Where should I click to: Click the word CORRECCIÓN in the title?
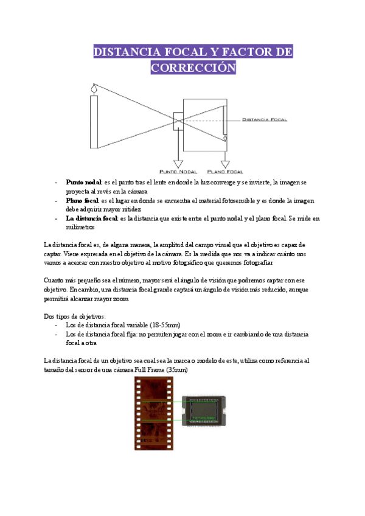point(193,67)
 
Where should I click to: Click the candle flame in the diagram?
point(94,90)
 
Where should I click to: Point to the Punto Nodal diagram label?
point(178,171)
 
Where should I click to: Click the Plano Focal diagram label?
point(225,171)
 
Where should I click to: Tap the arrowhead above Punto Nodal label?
point(178,163)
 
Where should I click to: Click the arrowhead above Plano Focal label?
point(225,163)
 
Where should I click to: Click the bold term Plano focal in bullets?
point(83,200)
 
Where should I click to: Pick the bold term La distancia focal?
point(92,218)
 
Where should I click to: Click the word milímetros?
point(80,227)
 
